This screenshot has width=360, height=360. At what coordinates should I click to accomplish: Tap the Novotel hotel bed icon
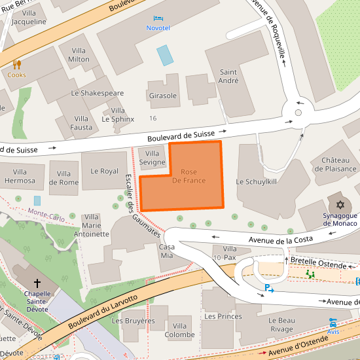click(158, 18)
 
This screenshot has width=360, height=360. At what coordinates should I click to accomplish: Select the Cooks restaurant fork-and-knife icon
click(17, 64)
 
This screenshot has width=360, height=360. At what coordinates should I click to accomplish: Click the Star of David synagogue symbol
click(340, 205)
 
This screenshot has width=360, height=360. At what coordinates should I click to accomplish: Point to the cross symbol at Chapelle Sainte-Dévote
click(37, 283)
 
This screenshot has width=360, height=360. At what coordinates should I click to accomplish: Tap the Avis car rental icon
click(333, 323)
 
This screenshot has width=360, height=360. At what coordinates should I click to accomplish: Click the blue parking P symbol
click(268, 288)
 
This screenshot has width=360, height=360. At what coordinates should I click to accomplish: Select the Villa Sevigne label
click(152, 157)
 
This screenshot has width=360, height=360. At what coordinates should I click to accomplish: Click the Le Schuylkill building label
click(257, 181)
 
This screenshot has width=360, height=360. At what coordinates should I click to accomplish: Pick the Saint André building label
click(228, 77)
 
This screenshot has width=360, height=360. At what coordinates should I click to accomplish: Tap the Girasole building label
click(163, 96)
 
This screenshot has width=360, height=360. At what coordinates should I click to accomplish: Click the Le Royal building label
click(104, 171)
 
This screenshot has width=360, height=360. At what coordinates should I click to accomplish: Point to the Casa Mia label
click(167, 252)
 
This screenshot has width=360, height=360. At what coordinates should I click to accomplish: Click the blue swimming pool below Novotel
click(165, 55)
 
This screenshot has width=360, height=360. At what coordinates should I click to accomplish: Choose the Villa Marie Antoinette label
click(91, 225)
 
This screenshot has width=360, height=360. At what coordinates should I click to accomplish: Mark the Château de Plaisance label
click(334, 164)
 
